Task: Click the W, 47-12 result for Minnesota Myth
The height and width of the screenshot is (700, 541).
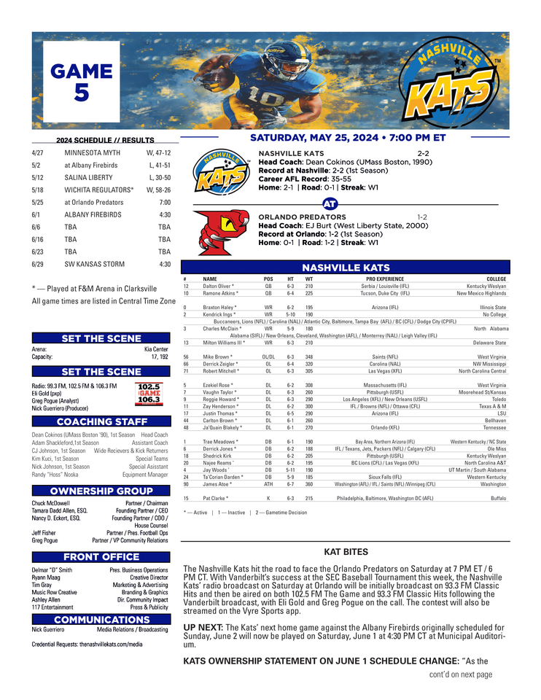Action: (158, 154)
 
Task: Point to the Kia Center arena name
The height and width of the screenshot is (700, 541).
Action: (156, 349)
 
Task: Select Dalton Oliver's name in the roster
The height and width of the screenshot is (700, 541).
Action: (218, 287)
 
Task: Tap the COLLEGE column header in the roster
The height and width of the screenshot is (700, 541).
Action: (496, 279)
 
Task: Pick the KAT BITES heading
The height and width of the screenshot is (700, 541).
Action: (346, 552)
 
